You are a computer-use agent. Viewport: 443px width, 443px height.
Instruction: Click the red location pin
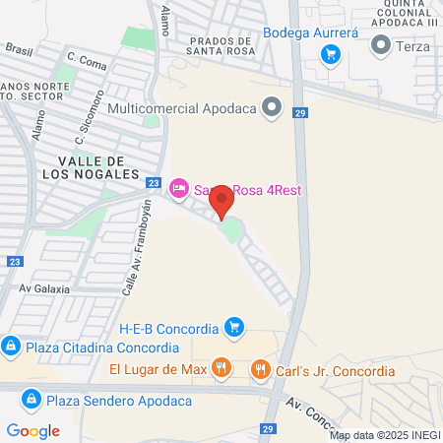click(x=222, y=200)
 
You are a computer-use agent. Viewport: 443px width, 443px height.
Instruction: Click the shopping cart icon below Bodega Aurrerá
click(x=332, y=53)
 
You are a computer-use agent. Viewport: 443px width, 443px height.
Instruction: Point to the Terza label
click(x=411, y=45)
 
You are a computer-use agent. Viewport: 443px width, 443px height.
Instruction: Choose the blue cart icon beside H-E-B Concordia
click(x=233, y=327)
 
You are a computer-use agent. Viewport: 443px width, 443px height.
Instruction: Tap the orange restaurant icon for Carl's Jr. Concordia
click(x=261, y=370)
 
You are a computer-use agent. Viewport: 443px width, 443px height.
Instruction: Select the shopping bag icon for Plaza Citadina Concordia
click(x=11, y=347)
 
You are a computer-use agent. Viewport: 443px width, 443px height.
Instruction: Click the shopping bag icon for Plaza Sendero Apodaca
click(x=31, y=399)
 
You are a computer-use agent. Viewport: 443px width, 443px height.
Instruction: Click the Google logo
click(x=32, y=430)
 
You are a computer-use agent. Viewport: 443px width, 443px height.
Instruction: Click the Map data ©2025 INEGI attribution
click(x=384, y=435)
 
